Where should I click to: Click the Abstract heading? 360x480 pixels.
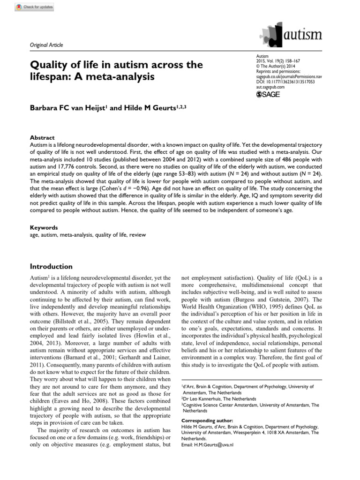point(42,138)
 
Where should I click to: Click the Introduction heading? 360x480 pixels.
point(51,266)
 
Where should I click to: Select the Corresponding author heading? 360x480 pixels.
point(206,421)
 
